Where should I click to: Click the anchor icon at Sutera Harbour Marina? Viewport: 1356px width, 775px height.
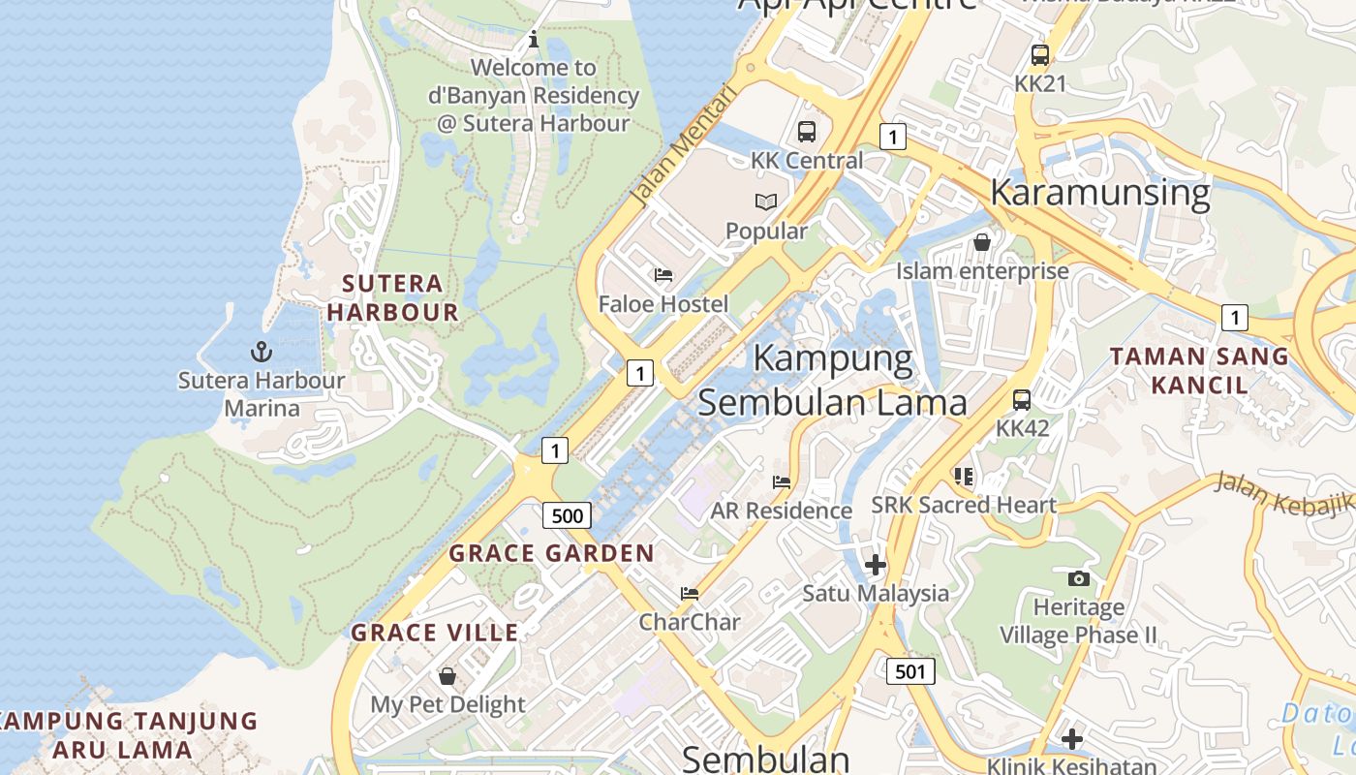tap(261, 352)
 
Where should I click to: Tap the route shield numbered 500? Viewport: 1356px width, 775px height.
tap(567, 515)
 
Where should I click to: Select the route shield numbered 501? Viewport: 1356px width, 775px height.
tap(910, 670)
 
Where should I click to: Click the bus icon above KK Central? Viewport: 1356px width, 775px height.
tap(807, 132)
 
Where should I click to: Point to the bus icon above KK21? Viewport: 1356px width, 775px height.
tap(1040, 55)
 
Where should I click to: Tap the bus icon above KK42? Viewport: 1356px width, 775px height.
tap(1022, 399)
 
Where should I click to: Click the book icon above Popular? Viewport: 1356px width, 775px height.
tap(766, 202)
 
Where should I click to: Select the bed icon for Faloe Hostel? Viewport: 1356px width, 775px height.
tap(663, 275)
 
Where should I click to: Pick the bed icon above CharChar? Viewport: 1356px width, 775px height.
tap(690, 593)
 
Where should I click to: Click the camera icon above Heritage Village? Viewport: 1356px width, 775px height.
tap(1078, 578)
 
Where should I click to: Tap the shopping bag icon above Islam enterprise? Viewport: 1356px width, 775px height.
tap(982, 242)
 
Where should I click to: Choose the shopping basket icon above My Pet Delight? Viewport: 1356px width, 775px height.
tap(447, 675)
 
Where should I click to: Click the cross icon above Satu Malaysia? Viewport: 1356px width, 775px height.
tap(876, 564)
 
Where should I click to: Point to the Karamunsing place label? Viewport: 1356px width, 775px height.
tap(1099, 192)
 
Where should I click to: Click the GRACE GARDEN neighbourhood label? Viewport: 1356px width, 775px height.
tap(552, 553)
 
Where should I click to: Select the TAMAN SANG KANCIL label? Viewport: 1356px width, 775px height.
tap(1199, 370)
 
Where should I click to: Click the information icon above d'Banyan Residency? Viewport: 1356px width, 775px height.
tap(533, 40)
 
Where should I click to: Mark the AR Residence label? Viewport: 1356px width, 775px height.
tap(781, 511)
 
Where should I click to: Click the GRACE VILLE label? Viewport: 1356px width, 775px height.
tap(435, 633)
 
